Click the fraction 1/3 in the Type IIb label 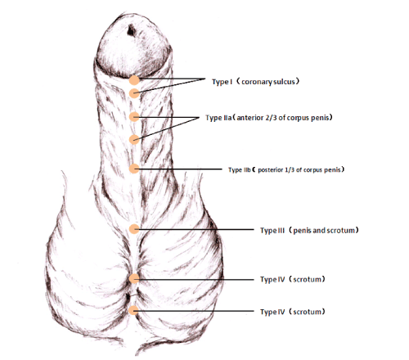(290, 170)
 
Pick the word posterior (271, 170)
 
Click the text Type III (272, 231)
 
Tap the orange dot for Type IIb (134, 169)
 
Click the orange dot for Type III (134, 229)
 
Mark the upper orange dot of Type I (134, 80)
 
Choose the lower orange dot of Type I (134, 93)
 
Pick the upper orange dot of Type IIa (134, 117)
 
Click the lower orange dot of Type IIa (134, 140)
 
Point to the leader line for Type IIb (178, 169)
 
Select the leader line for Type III (194, 229)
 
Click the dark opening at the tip (131, 30)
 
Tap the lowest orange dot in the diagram (133, 310)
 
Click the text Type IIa (218, 118)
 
